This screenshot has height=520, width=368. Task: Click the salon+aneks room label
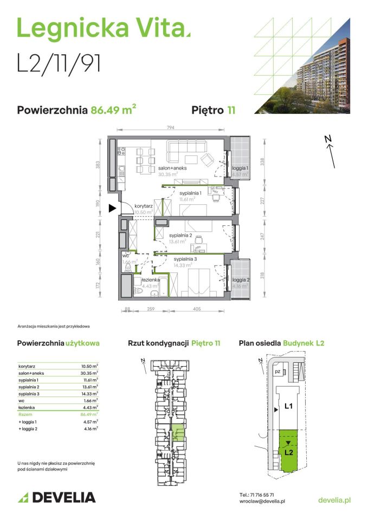pyautogui.click(x=173, y=168)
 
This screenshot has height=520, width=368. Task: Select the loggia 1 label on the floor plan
pyautogui.click(x=240, y=168)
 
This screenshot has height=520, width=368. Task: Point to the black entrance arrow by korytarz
pyautogui.click(x=112, y=207)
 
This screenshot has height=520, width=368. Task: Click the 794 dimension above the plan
pyautogui.click(x=170, y=128)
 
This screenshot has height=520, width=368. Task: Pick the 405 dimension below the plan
pyautogui.click(x=196, y=309)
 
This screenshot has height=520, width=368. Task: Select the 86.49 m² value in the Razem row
pyautogui.click(x=89, y=413)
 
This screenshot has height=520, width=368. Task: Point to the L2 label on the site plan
pyautogui.click(x=289, y=451)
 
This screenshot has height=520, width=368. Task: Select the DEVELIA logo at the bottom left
pyautogui.click(x=56, y=497)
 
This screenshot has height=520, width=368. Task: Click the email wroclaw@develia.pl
pyautogui.click(x=262, y=502)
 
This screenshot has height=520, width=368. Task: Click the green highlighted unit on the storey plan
pyautogui.click(x=177, y=433)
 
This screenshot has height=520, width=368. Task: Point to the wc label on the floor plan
pyautogui.click(x=125, y=255)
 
